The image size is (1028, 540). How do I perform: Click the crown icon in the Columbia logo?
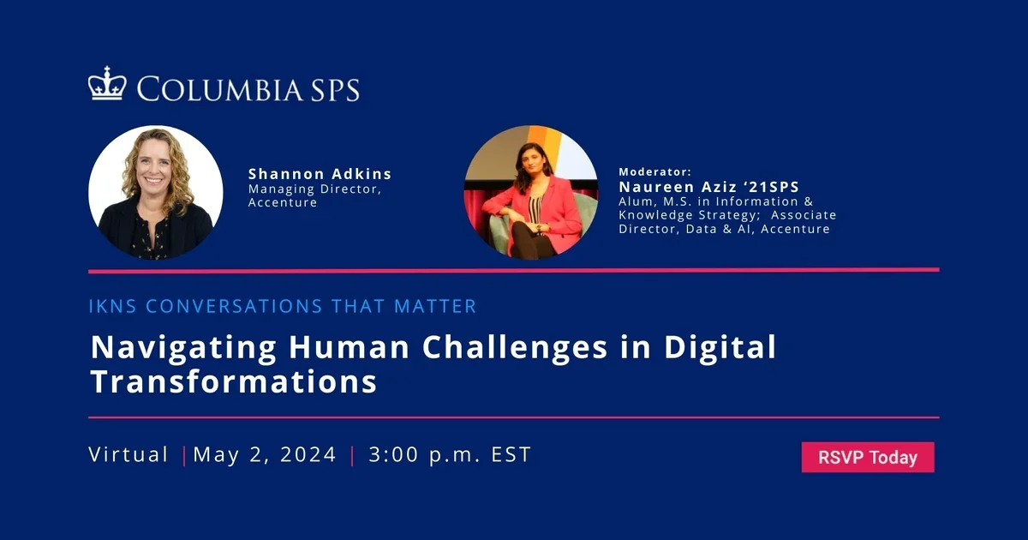pyautogui.click(x=107, y=85)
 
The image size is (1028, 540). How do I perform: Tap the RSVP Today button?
pyautogui.click(x=867, y=458)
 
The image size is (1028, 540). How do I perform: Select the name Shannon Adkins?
pyautogui.click(x=320, y=174)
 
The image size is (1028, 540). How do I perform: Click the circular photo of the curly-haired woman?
pyautogui.click(x=156, y=193)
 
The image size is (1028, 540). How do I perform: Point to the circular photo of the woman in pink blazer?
pyautogui.click(x=530, y=193)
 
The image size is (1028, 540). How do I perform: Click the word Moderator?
pyautogui.click(x=654, y=171)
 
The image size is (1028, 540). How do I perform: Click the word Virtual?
pyautogui.click(x=128, y=454)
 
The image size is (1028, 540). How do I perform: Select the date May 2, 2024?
pyautogui.click(x=265, y=454)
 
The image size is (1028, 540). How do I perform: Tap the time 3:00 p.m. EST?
pyautogui.click(x=450, y=454)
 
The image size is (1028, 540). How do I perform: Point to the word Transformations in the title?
pyautogui.click(x=233, y=381)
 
